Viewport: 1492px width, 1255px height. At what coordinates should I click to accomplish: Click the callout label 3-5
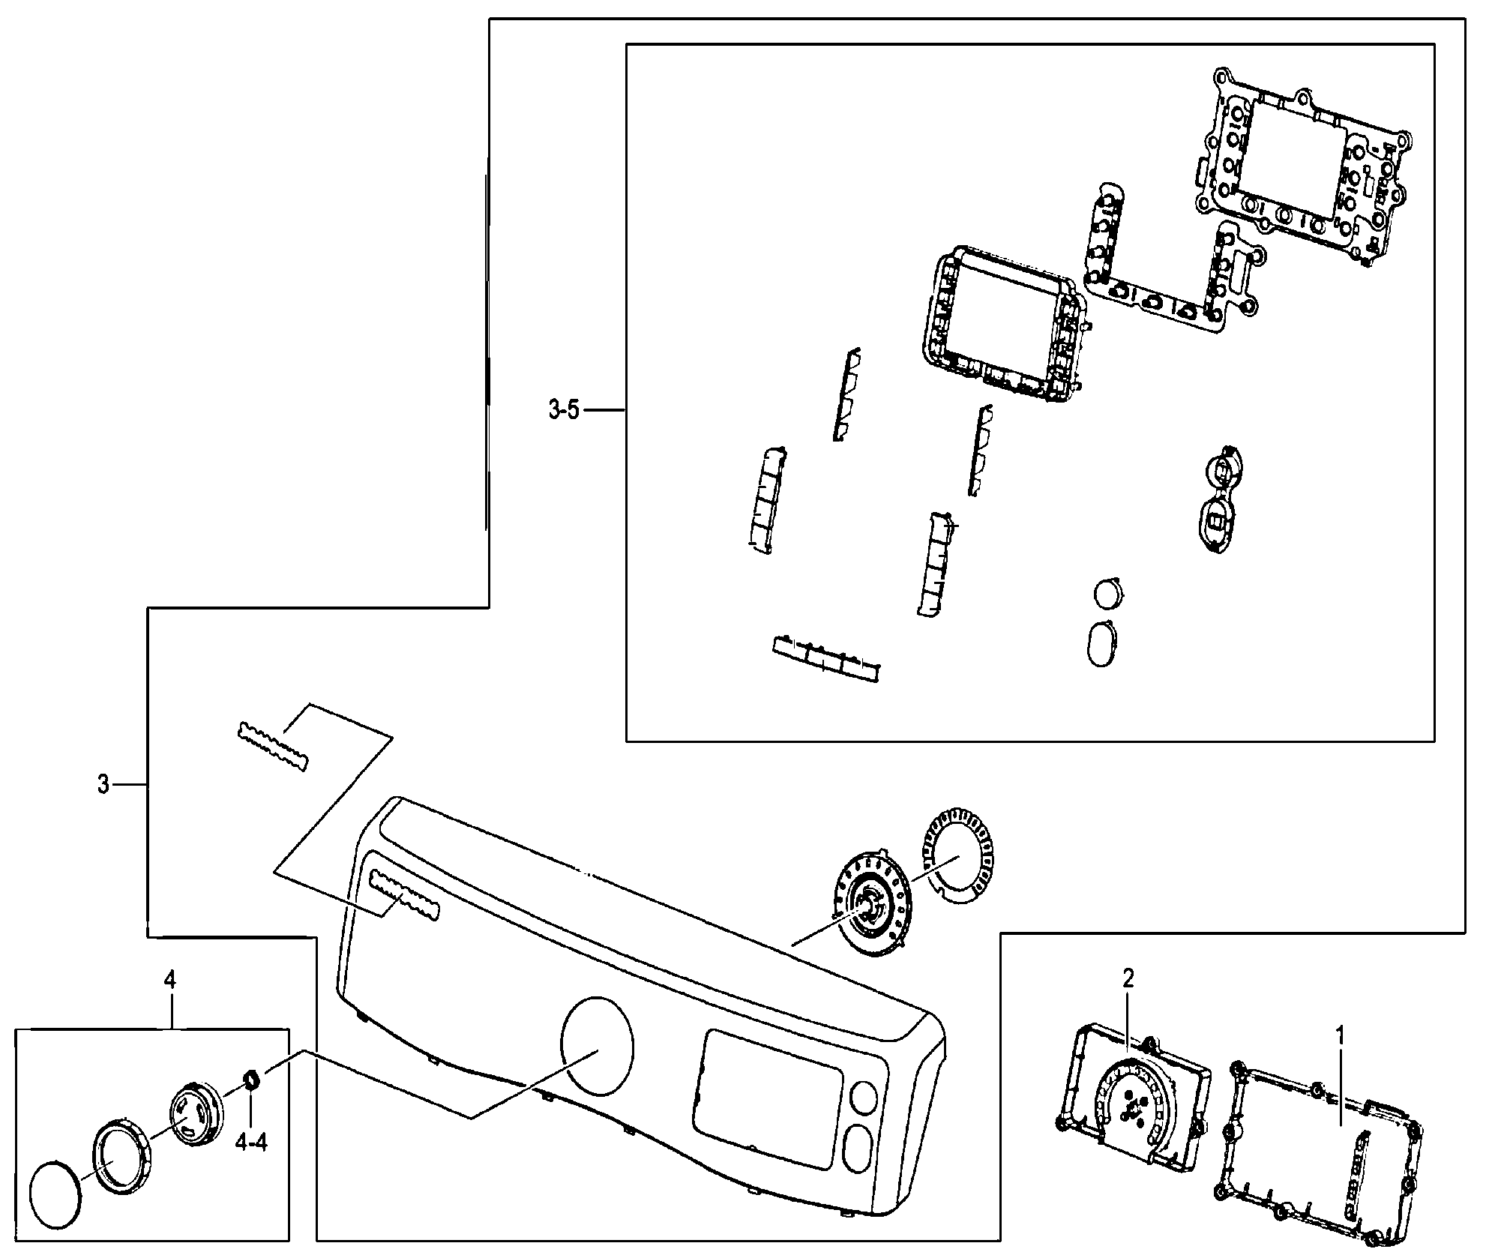click(563, 410)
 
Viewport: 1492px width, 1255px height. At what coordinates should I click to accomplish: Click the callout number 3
click(103, 785)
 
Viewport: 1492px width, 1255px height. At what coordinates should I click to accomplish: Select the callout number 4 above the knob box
click(170, 980)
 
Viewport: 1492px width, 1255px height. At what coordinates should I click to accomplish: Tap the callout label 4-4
click(250, 1142)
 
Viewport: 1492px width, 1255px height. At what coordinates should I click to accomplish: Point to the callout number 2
click(1128, 978)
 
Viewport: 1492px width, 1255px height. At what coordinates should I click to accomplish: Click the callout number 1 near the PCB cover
click(1340, 1038)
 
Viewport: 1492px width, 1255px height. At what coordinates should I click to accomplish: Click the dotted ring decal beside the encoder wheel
click(955, 855)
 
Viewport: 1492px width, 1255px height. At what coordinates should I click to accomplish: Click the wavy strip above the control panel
click(273, 747)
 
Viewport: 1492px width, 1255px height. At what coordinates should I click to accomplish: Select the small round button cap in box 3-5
click(1108, 594)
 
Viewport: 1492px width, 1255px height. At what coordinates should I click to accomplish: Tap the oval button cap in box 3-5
click(1101, 644)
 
